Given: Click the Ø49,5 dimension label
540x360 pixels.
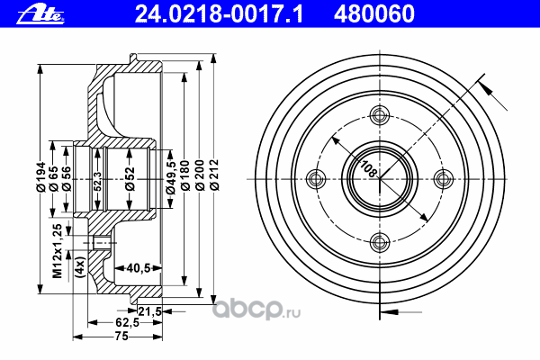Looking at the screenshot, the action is click(x=170, y=175).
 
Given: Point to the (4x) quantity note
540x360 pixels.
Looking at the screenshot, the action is click(x=79, y=267).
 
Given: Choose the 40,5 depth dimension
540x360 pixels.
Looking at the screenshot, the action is click(x=138, y=267).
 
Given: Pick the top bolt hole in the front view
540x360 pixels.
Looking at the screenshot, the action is click(x=378, y=113).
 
